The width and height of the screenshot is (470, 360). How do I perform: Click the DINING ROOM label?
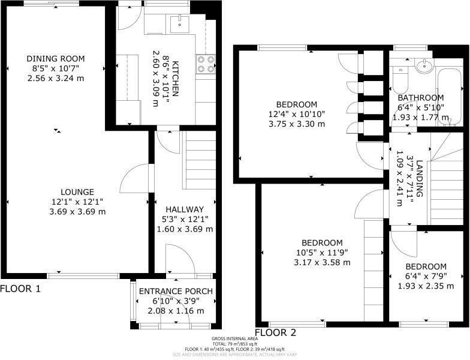(55, 58)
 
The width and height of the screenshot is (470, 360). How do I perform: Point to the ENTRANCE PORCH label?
(176, 292)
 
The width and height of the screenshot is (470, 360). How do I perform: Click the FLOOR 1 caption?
(20, 289)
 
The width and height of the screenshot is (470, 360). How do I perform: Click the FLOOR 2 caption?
(276, 332)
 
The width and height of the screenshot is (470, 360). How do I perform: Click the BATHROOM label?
(420, 98)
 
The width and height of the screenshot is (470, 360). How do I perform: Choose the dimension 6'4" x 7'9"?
(426, 277)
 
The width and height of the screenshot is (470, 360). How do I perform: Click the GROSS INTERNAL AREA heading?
(234, 339)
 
